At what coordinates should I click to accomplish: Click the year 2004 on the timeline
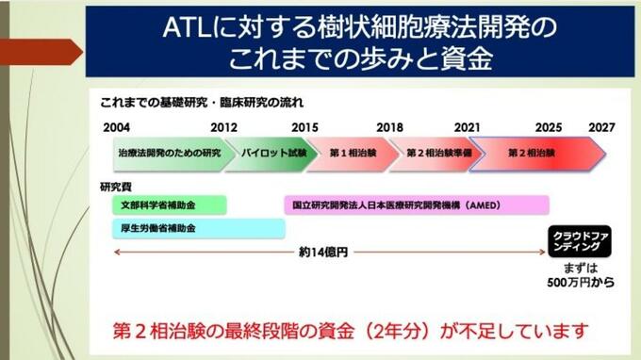tap(117, 127)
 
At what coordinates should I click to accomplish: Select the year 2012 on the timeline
tap(223, 127)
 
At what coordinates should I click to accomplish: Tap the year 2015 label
tap(304, 127)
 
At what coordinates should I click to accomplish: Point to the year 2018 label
tap(389, 127)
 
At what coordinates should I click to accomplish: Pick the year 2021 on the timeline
tap(468, 127)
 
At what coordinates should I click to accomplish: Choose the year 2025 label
tap(549, 127)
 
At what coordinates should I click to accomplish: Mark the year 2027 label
tap(601, 127)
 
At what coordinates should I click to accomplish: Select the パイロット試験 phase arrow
tap(271, 154)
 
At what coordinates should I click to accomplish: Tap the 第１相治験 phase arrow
tap(353, 154)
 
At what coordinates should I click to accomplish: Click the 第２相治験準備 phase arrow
tap(436, 154)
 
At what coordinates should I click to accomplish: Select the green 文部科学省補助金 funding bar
tap(170, 205)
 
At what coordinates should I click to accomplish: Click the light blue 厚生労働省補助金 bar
tap(199, 228)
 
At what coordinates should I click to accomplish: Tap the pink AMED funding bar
tap(417, 205)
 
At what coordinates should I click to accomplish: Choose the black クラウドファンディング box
tap(580, 241)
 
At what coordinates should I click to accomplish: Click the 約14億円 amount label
tap(323, 253)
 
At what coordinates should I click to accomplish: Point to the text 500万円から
tap(581, 283)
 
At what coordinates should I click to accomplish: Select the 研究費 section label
tap(116, 188)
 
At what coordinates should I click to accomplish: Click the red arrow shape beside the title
tap(41, 52)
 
